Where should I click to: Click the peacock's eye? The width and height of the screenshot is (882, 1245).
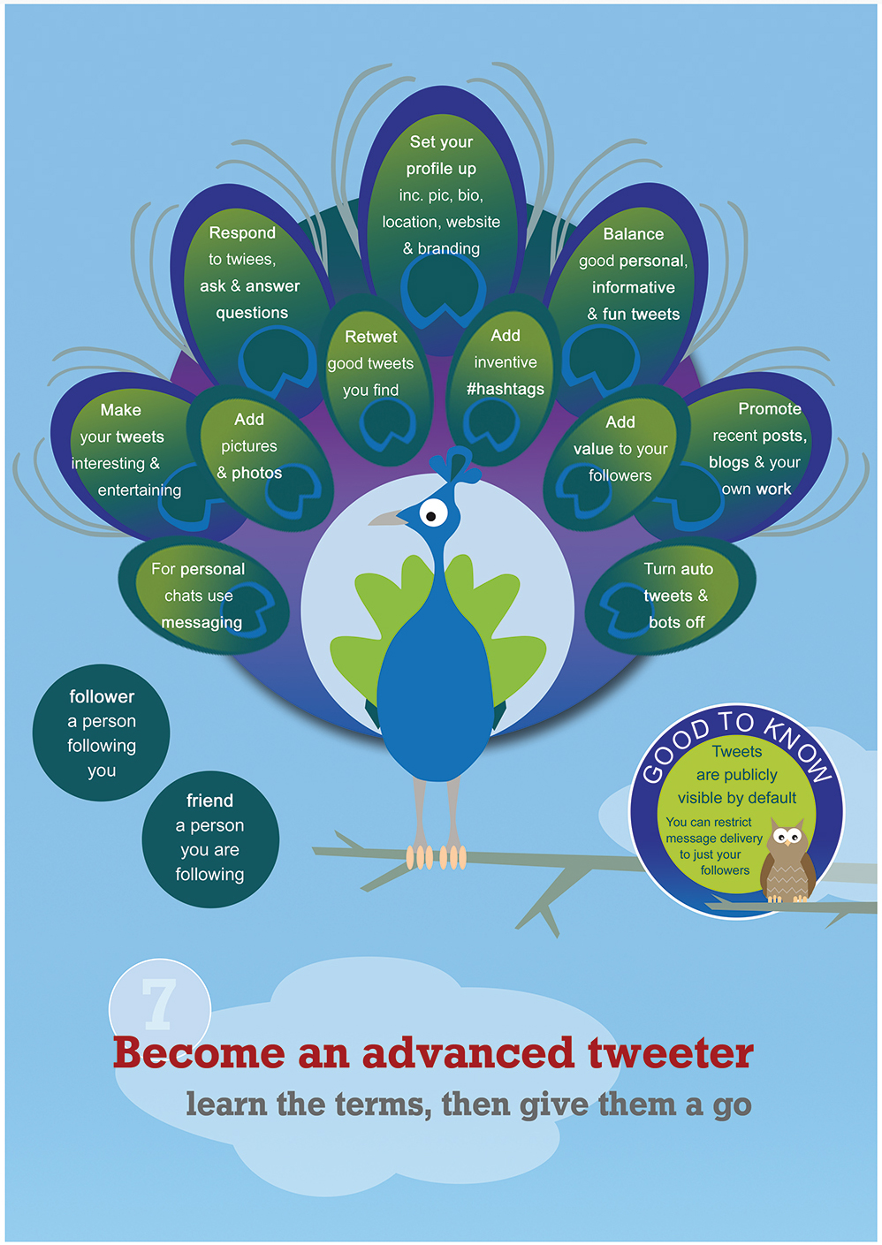coord(433,512)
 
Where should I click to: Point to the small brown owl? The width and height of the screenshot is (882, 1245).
coord(787,860)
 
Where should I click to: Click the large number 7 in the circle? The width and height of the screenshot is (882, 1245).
coord(159,1003)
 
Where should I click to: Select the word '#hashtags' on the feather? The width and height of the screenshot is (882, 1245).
coord(506,389)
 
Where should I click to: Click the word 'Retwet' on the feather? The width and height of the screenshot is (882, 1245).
coord(370,337)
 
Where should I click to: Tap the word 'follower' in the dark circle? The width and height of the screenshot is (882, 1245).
coord(102,696)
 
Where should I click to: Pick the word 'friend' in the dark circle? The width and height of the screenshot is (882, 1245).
coord(209,801)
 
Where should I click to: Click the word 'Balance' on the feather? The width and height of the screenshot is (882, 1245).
coord(634,234)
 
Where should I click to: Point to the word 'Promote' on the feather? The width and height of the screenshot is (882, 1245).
coord(769,408)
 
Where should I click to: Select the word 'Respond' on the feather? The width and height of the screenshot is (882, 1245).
coord(242,233)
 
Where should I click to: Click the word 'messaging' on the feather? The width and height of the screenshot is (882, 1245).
coord(201,622)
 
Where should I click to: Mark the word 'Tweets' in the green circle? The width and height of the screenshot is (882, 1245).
coord(737,751)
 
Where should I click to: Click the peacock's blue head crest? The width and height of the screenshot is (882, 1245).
coord(456,464)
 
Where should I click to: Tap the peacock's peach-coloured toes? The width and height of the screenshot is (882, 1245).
coord(436,857)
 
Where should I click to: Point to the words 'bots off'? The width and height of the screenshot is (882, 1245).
coord(676,622)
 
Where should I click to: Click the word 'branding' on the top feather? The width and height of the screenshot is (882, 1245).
coord(448,248)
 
